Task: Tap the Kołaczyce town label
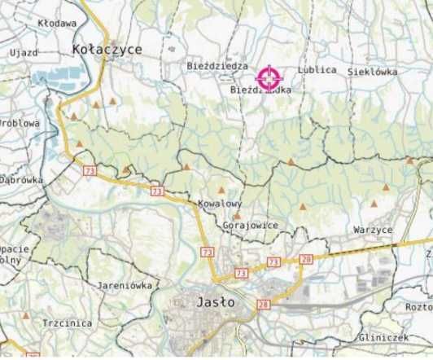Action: click(107, 50)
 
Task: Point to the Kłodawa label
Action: click(57, 24)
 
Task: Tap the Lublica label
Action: click(317, 70)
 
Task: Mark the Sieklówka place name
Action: click(372, 72)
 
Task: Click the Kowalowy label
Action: click(220, 204)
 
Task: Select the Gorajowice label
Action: click(249, 225)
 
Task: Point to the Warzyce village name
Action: click(373, 230)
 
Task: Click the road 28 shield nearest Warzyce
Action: click(305, 258)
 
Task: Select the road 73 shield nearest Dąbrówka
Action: click(89, 169)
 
